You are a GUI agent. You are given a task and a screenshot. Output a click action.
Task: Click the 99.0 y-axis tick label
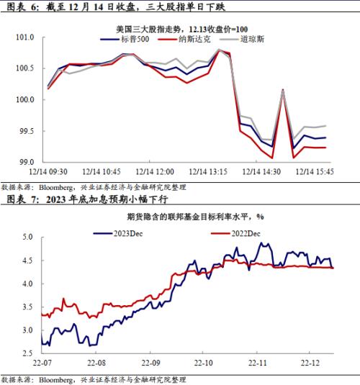[25, 162]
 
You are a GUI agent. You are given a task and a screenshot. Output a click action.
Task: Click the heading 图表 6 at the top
[19, 7]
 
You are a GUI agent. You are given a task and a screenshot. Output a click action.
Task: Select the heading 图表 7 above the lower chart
[19, 198]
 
